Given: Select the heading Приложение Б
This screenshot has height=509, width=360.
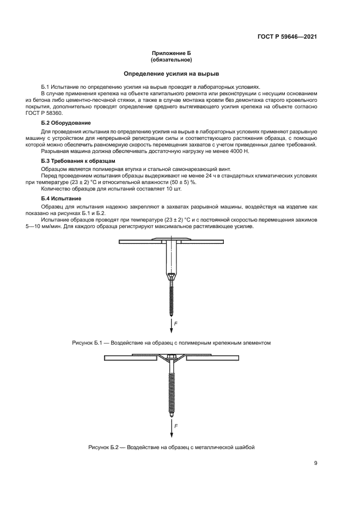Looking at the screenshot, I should (172, 53).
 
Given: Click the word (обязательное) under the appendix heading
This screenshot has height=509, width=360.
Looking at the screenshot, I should (172, 60).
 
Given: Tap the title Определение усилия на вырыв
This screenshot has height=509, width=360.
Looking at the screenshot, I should (172, 73).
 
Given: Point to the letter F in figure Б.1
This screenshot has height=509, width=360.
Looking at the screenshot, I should (176, 323).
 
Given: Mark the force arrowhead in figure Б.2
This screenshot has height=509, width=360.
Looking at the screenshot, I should (172, 434).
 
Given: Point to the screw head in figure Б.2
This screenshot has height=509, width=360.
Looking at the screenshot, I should (172, 358).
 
